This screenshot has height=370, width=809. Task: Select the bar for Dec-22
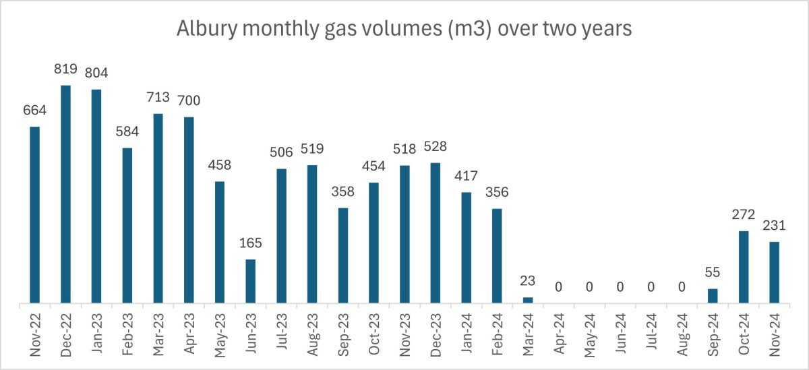65,195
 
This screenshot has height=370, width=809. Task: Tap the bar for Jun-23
250,282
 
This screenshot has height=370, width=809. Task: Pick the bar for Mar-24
528,301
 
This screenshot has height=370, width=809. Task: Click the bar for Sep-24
713,297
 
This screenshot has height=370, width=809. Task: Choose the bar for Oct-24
744,268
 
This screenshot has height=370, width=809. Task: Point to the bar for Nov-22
34,216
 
